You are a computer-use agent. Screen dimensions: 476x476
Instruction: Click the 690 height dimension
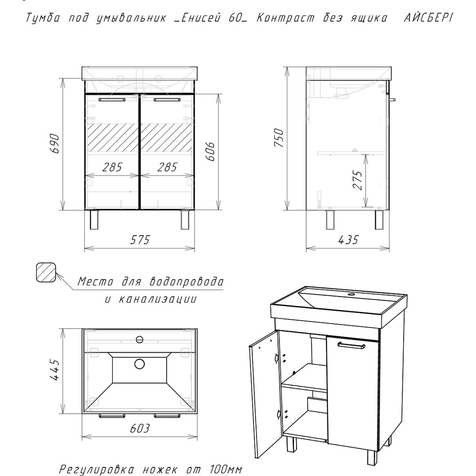click(x=55, y=143)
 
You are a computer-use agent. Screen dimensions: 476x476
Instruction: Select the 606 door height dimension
click(x=210, y=151)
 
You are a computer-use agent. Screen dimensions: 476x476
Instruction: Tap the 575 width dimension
click(x=140, y=239)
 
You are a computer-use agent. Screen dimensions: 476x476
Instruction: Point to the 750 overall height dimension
click(x=278, y=138)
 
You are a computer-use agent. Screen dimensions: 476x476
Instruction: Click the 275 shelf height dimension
click(x=358, y=180)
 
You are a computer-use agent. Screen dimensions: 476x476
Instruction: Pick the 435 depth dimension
click(x=348, y=239)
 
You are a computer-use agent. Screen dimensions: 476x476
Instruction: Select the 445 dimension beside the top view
click(x=55, y=370)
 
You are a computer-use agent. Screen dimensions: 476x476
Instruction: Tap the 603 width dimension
click(x=140, y=428)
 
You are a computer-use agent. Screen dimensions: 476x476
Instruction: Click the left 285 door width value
click(x=112, y=167)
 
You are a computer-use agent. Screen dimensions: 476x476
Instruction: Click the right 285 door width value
click(x=167, y=167)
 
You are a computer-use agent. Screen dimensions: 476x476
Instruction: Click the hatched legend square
click(x=46, y=272)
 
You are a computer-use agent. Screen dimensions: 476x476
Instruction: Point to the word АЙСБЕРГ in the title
click(x=428, y=18)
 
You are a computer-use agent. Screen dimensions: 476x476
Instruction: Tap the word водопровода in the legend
click(x=187, y=282)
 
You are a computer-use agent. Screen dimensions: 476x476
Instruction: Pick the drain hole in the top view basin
click(x=139, y=364)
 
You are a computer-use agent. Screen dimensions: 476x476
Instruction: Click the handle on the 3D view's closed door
click(x=351, y=346)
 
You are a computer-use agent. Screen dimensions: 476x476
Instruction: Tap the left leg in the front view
click(x=94, y=219)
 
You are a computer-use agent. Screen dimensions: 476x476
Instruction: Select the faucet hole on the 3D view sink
click(x=352, y=294)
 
